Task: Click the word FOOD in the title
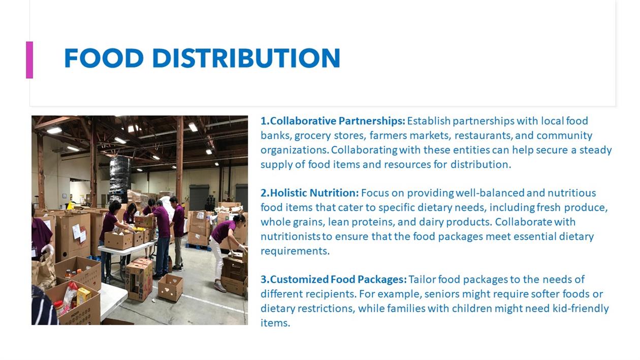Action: tap(104, 58)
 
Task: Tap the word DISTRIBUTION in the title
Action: tap(246, 58)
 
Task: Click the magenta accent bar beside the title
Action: tap(29, 60)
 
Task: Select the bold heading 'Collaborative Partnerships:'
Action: tap(333, 121)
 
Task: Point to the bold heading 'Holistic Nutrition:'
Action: tap(309, 193)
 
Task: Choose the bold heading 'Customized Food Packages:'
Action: tap(333, 279)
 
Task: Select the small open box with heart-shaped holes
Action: tap(171, 288)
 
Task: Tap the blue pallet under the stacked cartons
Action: tap(197, 247)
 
